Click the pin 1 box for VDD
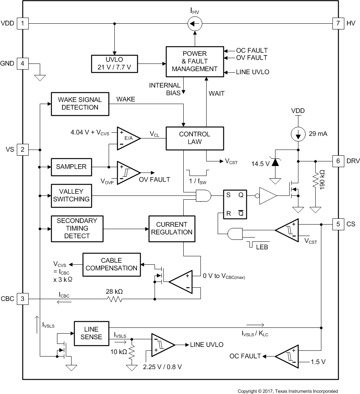click(23, 24)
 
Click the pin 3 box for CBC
click(23, 298)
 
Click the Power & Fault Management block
click(194, 61)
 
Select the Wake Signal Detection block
click(80, 103)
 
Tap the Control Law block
click(194, 138)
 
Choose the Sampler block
click(71, 167)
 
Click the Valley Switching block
click(71, 195)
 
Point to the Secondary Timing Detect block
click(77, 228)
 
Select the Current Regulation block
click(171, 228)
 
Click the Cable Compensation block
click(111, 264)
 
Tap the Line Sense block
click(91, 333)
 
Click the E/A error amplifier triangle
click(127, 138)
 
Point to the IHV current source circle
click(195, 24)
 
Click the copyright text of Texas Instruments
click(288, 391)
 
